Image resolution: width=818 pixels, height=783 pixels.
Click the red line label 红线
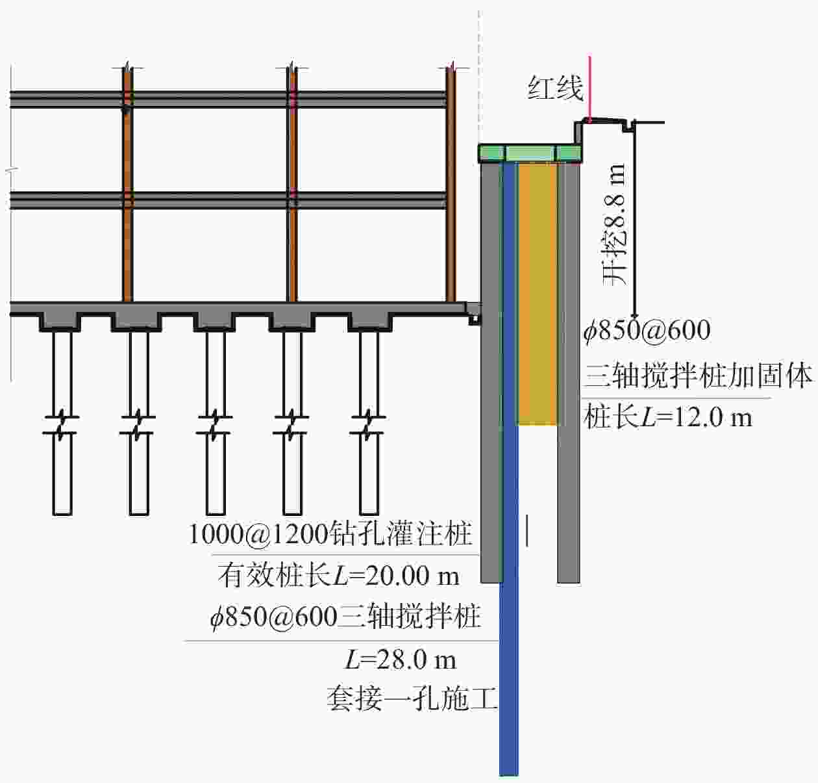click(x=554, y=88)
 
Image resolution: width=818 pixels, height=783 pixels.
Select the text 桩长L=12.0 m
click(x=667, y=417)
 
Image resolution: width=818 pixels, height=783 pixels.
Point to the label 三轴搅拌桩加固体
click(x=699, y=376)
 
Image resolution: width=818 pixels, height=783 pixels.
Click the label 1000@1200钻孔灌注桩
click(x=330, y=534)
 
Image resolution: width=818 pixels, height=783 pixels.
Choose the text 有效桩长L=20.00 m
click(x=338, y=576)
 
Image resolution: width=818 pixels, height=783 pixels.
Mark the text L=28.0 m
click(x=400, y=660)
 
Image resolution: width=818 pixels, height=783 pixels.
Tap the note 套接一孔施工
click(x=412, y=700)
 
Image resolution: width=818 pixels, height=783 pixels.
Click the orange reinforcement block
click(x=538, y=292)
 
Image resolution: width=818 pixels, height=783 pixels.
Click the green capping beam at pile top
click(x=530, y=153)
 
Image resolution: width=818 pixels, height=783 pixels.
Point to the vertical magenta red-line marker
click(x=589, y=88)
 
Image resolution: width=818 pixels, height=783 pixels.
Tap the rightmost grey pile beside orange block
click(x=569, y=370)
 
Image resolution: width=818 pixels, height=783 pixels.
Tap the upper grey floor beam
click(x=227, y=98)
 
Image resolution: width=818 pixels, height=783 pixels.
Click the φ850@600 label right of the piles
click(x=647, y=331)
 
